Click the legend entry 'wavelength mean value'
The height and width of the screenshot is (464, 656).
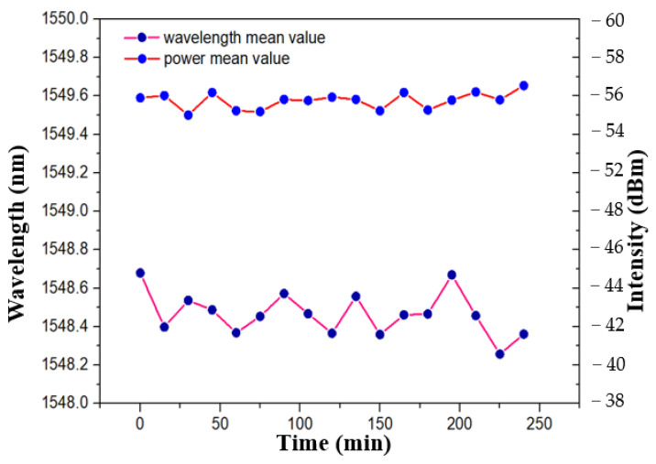(x=243, y=38)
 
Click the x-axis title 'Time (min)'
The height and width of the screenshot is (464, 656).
(x=335, y=444)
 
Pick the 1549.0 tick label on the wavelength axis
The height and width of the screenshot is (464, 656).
(x=60, y=210)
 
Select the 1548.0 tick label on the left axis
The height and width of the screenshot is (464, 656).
(x=60, y=403)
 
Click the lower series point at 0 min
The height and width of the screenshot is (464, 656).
(x=140, y=273)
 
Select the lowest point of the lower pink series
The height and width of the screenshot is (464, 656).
(x=499, y=354)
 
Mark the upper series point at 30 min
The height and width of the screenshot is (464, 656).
(x=188, y=115)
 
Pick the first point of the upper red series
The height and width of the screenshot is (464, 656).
(x=140, y=97)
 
